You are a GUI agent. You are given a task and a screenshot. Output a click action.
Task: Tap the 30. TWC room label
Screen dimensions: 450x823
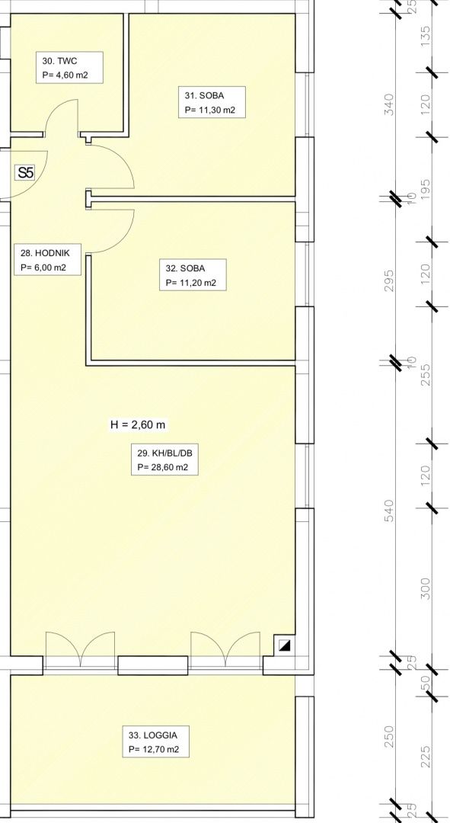point(69,68)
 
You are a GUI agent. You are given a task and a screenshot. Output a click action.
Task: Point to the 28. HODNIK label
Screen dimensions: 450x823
point(47,260)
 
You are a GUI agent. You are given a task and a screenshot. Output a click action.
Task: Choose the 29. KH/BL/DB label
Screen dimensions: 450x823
point(164,460)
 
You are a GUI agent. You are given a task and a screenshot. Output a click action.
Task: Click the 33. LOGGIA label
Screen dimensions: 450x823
point(156,741)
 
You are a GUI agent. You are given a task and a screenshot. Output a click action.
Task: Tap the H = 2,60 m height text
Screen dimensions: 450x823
point(137,424)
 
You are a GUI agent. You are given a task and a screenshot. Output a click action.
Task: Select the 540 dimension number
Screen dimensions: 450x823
point(388,510)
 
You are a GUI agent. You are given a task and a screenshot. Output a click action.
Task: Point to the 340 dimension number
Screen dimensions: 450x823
point(388,104)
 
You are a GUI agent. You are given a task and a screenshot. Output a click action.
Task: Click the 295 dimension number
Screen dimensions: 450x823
point(388,280)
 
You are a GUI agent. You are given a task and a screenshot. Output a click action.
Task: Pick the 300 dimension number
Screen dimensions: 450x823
point(426,588)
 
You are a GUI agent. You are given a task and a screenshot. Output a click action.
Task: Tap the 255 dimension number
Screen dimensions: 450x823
point(426,375)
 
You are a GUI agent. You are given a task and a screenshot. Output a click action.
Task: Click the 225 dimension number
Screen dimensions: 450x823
point(426,757)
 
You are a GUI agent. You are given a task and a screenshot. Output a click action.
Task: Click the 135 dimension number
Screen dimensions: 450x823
point(426,37)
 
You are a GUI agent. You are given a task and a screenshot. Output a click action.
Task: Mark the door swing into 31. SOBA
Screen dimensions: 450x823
point(124,163)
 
